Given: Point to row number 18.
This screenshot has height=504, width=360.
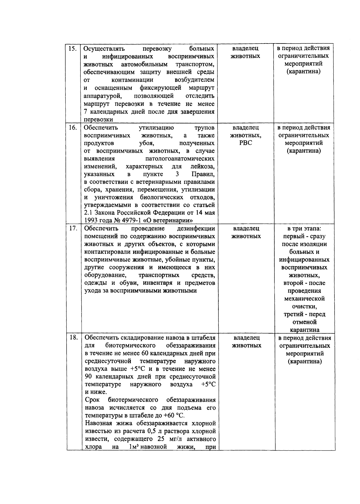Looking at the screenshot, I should point(73,338).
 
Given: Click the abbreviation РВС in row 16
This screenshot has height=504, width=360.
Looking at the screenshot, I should point(246,143).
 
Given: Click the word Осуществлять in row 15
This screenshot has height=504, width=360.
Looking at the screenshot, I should point(104,49).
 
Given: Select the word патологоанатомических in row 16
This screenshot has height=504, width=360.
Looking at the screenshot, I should point(180,158).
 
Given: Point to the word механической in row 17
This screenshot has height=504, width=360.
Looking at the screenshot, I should point(304,299).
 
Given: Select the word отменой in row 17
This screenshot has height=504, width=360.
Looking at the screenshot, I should point(304,322).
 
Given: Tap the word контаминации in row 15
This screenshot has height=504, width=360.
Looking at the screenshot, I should point(132,80).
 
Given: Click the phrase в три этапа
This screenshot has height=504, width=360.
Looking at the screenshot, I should point(304,229).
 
